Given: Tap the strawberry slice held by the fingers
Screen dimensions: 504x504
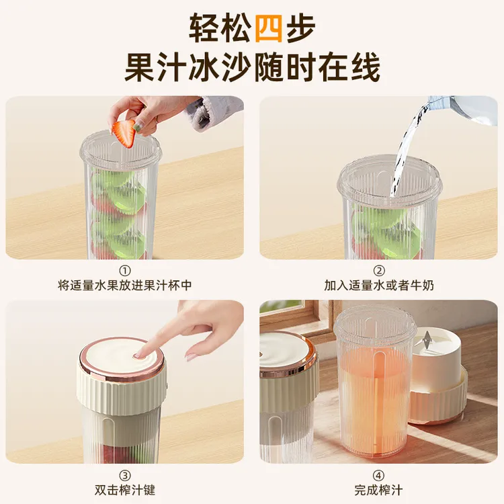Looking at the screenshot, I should [x=124, y=133].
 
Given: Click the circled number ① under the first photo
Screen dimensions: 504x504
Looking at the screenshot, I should [x=125, y=270].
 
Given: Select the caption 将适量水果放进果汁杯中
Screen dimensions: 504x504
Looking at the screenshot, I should [x=125, y=286].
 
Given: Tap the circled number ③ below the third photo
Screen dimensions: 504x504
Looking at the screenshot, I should [x=125, y=474].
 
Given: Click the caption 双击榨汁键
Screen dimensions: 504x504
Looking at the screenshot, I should [x=125, y=490].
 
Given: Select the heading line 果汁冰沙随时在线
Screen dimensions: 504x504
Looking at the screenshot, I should [x=252, y=67].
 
